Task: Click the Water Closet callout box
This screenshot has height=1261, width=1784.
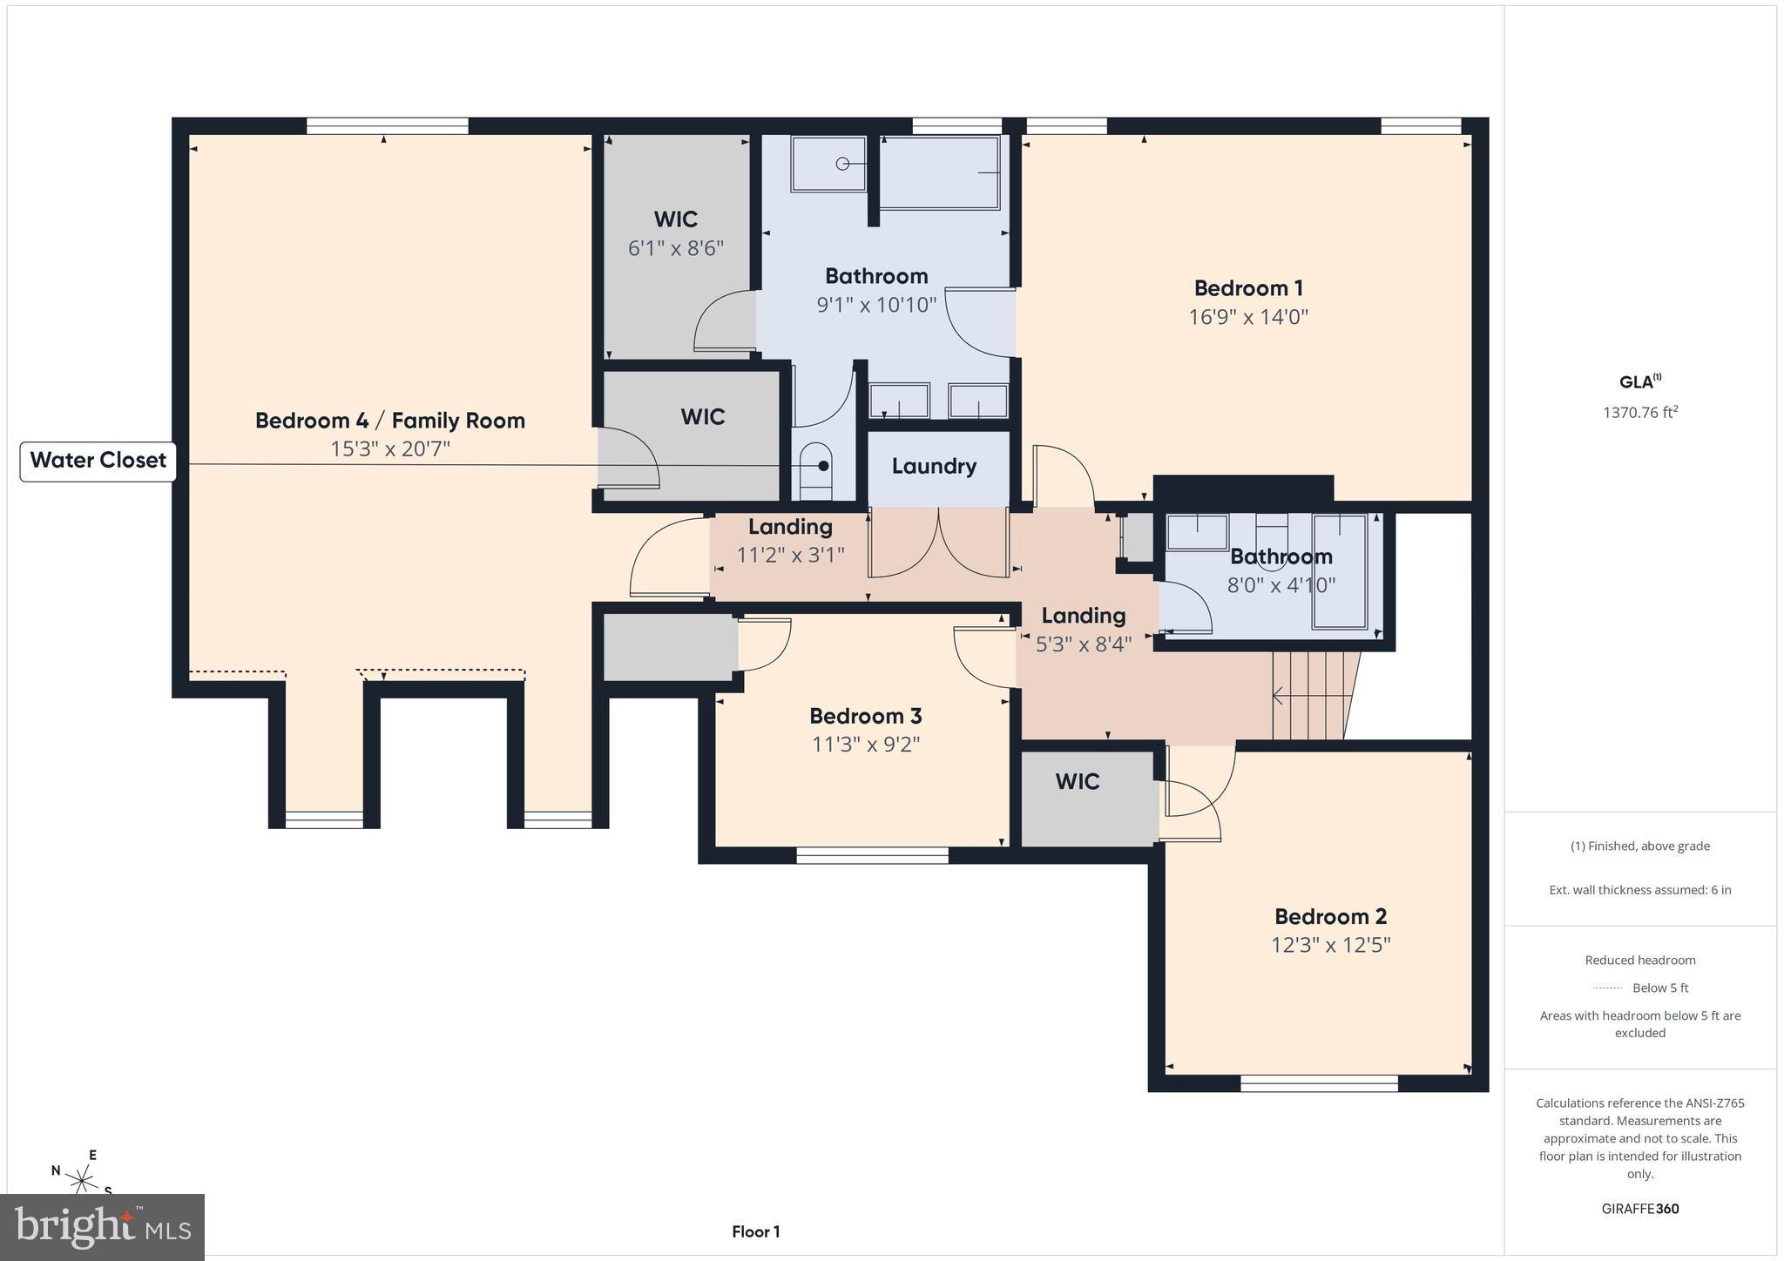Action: coord(98,461)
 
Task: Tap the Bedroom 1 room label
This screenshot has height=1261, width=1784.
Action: coord(1247,288)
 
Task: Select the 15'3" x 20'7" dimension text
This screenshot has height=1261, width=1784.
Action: coord(389,449)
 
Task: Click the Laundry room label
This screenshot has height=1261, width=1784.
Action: coord(933,466)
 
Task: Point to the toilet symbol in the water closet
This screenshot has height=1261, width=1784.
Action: coord(816,470)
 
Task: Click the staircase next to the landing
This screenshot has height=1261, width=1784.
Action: coord(1311,696)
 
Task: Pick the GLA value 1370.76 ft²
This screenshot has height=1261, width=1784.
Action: coord(1639,413)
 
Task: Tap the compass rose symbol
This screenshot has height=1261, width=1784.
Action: coord(83,1180)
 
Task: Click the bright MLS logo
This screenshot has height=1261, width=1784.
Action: coord(103,1227)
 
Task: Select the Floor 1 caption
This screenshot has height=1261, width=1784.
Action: coord(755,1231)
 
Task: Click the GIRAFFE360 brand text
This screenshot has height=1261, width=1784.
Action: coord(1639,1209)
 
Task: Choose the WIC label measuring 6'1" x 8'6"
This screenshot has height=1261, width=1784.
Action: coord(676,219)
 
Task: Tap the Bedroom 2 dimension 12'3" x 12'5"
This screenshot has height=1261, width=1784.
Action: coord(1330,945)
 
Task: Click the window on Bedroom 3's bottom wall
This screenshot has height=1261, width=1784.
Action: coord(872,856)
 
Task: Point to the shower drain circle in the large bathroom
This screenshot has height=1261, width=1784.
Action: coord(842,164)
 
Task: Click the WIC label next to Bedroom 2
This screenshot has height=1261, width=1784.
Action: coord(1077,782)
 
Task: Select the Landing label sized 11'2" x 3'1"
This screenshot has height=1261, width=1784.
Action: coord(790,527)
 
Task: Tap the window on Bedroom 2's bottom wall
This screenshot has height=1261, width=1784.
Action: coord(1318,1083)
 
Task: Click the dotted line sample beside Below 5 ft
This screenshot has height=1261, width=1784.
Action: coord(1606,988)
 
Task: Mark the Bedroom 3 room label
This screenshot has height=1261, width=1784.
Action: coord(865,716)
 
